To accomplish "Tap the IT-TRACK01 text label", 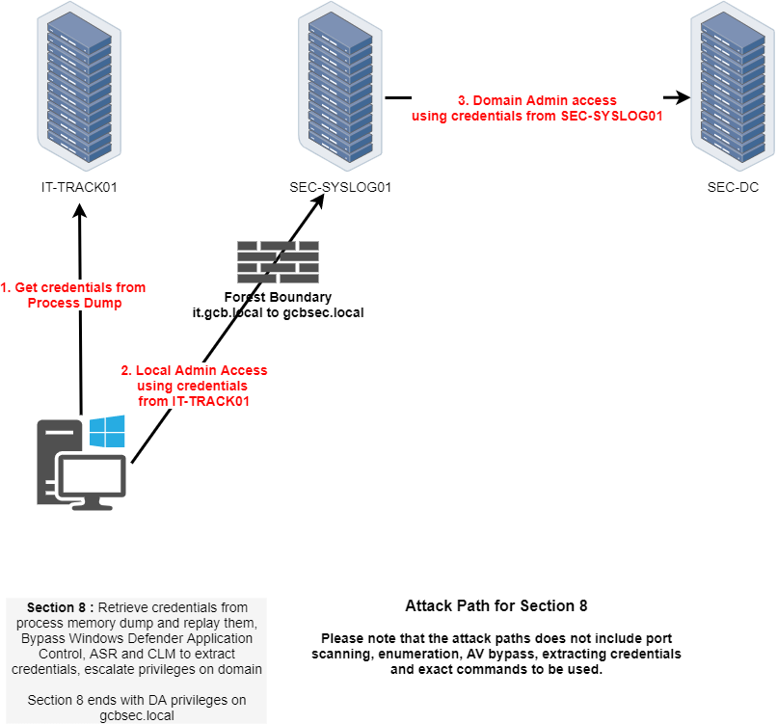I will pos(79,188).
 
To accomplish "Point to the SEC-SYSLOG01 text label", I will pos(340,188).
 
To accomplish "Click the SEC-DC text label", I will pos(733,188).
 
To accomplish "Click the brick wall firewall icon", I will pos(278,261).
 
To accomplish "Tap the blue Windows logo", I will pos(107,432).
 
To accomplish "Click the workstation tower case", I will pos(50,463).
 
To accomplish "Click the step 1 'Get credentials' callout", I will pos(74,295).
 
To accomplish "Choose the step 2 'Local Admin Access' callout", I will pos(194,386).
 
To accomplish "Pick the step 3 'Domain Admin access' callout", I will pos(537,108).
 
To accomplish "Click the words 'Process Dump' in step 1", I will pos(74,303).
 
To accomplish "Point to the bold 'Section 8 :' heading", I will pos(61,607).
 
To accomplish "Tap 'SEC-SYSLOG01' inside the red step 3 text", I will pos(611,116).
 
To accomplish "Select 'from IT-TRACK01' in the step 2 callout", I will pos(194,401).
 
